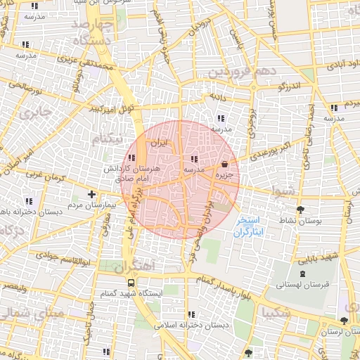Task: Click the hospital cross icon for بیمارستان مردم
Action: [91, 193]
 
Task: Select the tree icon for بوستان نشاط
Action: [301, 210]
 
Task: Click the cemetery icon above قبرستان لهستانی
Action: [302, 274]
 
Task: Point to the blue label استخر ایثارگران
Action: [249, 225]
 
